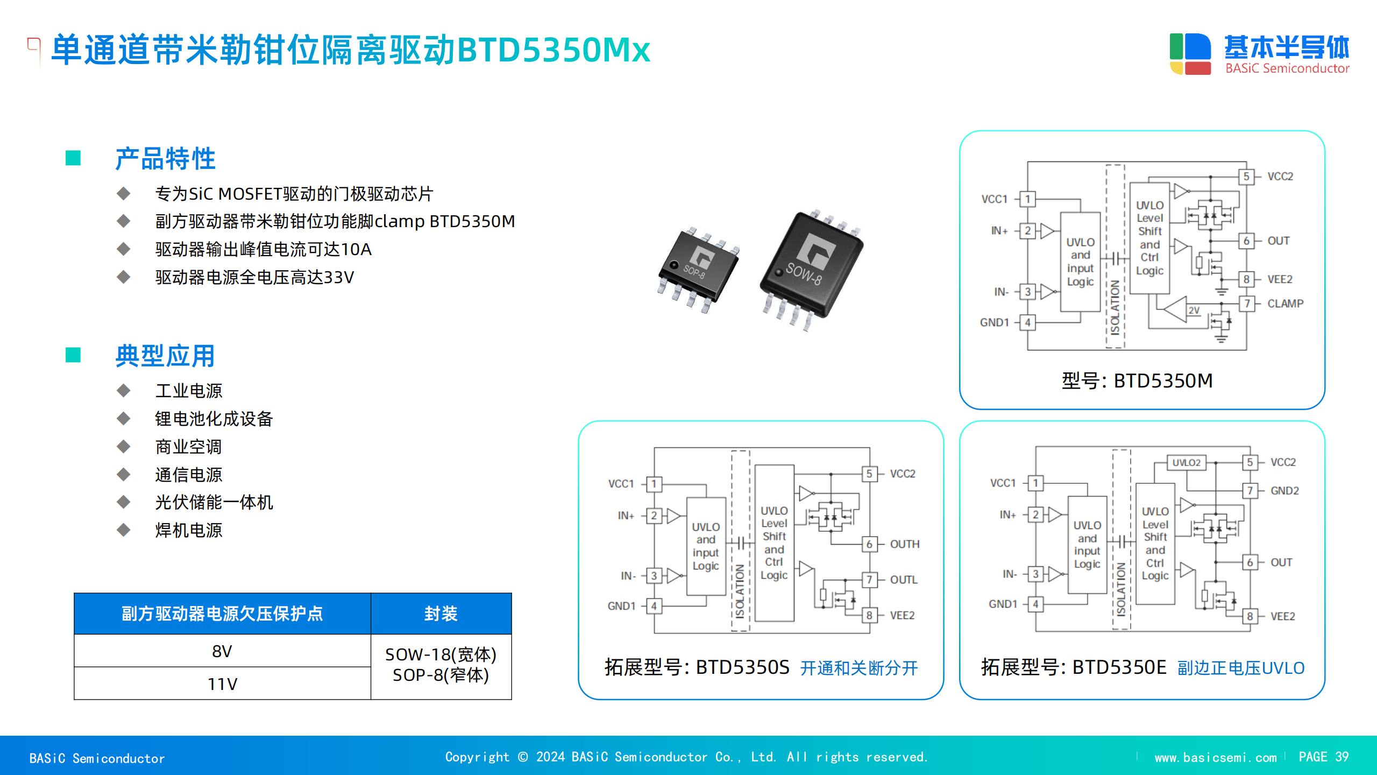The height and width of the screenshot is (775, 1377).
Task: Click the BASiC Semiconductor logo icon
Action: [1190, 54]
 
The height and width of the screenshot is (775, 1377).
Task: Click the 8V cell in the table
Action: [222, 651]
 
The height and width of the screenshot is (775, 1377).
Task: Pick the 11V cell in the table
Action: [222, 684]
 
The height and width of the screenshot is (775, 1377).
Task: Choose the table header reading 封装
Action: [441, 614]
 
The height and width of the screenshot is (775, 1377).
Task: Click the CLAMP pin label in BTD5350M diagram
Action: [1285, 304]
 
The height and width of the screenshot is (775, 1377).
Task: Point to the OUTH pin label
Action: [905, 544]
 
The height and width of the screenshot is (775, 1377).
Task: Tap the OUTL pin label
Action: [904, 580]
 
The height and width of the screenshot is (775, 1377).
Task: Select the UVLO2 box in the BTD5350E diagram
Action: [1186, 462]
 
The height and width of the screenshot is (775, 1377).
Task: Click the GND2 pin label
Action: [1284, 491]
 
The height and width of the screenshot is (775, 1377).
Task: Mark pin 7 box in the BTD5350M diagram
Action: [1246, 304]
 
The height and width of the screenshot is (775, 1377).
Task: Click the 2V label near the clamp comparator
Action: [1194, 311]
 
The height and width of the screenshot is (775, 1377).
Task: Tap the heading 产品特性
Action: [165, 159]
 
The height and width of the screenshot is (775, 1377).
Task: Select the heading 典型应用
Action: [165, 356]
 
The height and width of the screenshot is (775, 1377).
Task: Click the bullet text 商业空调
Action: [188, 447]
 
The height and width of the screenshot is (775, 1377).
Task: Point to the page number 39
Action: [1341, 757]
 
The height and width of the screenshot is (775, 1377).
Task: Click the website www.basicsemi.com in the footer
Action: [1216, 758]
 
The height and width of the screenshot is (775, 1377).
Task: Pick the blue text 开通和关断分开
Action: [859, 668]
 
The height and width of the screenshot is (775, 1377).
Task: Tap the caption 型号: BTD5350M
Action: [1137, 381]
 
